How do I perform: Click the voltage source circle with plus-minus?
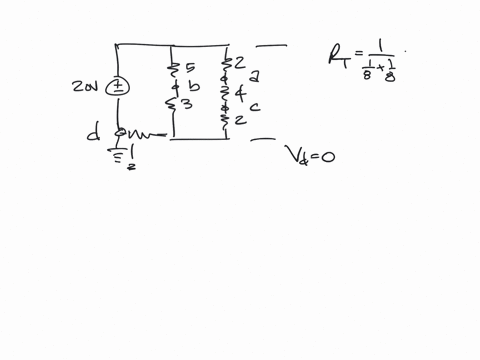click(118, 86)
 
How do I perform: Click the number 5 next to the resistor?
click(190, 68)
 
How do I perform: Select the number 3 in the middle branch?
click(187, 104)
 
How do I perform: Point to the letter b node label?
click(195, 87)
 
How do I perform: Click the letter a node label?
click(255, 76)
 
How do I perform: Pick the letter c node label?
click(255, 106)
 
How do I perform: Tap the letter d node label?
click(94, 131)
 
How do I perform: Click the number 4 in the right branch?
click(239, 92)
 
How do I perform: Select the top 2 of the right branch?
click(240, 62)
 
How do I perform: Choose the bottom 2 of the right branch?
click(240, 121)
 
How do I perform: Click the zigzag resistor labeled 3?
click(174, 104)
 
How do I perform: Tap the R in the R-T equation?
click(336, 56)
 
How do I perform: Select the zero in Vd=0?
click(327, 156)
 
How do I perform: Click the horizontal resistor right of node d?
click(145, 133)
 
